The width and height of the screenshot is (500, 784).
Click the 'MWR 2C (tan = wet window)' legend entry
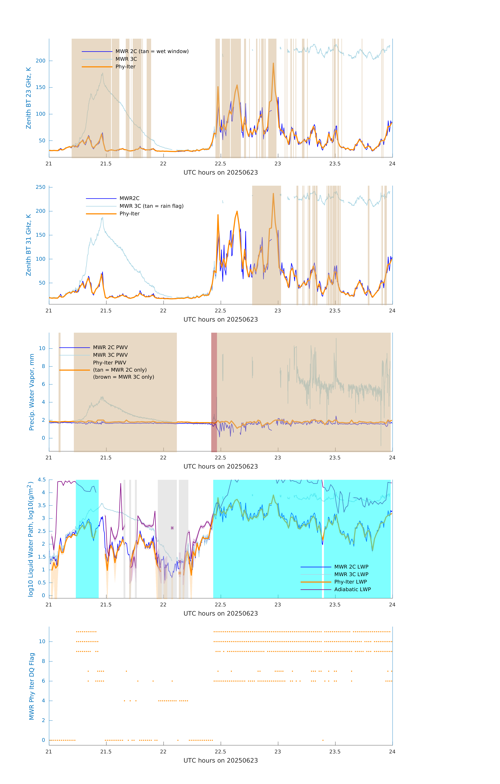click(x=152, y=51)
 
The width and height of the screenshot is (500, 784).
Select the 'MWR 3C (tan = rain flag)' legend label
click(x=152, y=206)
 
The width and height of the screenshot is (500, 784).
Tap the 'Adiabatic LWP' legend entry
click(x=352, y=589)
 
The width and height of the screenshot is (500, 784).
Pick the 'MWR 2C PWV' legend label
click(x=110, y=347)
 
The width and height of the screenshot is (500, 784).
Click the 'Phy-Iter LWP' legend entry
click(x=350, y=582)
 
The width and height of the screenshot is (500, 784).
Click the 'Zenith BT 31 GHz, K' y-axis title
click(x=29, y=245)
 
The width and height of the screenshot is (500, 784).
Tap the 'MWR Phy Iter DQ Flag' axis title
click(x=32, y=686)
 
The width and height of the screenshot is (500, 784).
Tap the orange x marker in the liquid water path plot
click(x=179, y=573)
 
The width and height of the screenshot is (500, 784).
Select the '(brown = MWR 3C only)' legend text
click(x=123, y=377)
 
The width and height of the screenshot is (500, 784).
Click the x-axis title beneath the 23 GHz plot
click(x=221, y=173)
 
